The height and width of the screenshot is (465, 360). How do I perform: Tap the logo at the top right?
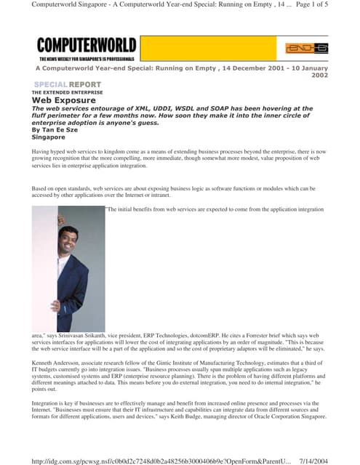(305, 49)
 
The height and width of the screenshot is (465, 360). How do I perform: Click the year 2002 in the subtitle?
(317, 74)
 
